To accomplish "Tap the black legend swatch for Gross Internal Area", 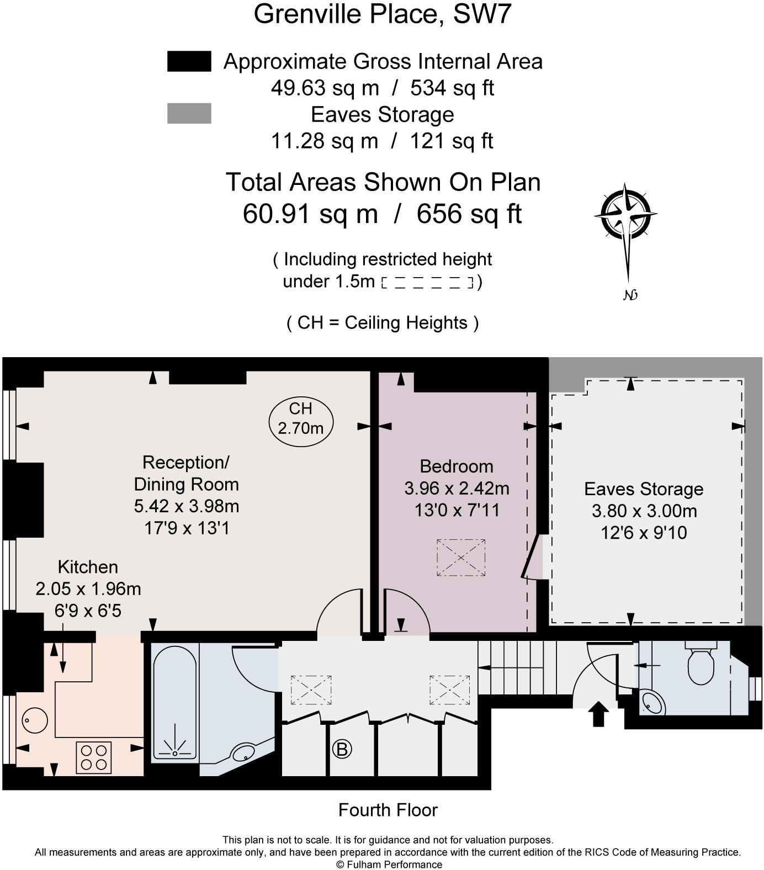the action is click(x=189, y=61).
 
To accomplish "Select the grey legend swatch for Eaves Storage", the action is click(x=189, y=113).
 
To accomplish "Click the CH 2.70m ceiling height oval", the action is click(x=301, y=418).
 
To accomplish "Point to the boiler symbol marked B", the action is click(x=342, y=749).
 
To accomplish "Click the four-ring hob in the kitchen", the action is click(x=94, y=757).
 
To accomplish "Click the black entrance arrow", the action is click(x=599, y=714).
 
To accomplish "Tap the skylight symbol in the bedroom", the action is click(x=461, y=558).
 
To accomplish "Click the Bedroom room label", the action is click(x=457, y=466).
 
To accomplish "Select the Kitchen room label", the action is click(x=88, y=567).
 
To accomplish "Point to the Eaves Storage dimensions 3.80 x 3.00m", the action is click(x=644, y=511).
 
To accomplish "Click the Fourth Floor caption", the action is click(x=388, y=810).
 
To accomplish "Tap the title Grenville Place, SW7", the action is click(x=383, y=14).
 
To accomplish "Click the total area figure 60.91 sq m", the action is click(x=311, y=214).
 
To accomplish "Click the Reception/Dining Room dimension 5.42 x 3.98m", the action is click(x=187, y=506).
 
